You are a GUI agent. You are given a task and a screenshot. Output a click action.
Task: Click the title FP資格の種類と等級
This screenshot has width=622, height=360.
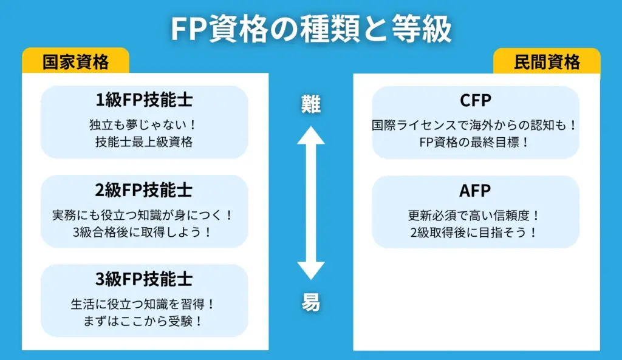310,28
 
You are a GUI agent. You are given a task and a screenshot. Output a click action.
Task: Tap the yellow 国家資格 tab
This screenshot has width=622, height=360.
76,61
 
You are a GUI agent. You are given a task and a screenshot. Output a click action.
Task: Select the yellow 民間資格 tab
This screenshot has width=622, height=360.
547,61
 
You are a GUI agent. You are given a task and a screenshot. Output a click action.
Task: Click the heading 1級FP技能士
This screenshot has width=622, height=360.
144,101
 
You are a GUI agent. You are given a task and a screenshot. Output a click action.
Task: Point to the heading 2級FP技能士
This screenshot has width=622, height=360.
144,190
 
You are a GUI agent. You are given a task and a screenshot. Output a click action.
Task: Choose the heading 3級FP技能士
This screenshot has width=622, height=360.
144,279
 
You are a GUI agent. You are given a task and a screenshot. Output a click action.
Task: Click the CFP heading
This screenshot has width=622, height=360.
476,101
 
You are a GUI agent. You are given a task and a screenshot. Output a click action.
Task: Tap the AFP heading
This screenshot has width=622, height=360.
476,190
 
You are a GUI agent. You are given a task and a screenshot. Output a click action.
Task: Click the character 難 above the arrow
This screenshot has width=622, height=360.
311,104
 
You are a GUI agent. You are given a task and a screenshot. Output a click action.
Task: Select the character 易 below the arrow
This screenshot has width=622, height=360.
311,302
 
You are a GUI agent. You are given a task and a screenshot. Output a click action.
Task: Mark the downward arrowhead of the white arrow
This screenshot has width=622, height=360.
311,269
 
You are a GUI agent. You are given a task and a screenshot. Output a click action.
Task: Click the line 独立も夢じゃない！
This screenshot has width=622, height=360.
144,126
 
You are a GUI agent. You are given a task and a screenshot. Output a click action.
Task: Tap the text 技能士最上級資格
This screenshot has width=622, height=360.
144,143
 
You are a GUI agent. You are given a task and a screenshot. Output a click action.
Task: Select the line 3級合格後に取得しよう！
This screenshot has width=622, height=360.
144,232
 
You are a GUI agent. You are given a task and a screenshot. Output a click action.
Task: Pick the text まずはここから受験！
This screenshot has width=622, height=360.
144,321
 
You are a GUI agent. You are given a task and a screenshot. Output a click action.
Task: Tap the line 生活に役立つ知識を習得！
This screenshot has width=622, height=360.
144,304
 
